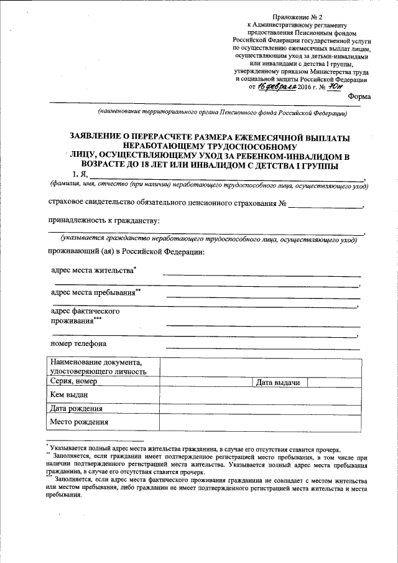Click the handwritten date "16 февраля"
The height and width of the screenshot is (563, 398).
(276, 87)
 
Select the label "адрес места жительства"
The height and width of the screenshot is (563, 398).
(93, 271)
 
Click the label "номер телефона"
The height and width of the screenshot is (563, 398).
(78, 343)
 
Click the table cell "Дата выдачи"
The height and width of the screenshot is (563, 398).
(279, 382)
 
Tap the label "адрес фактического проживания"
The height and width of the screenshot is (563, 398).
(85, 315)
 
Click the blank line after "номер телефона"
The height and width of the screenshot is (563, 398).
(262, 345)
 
